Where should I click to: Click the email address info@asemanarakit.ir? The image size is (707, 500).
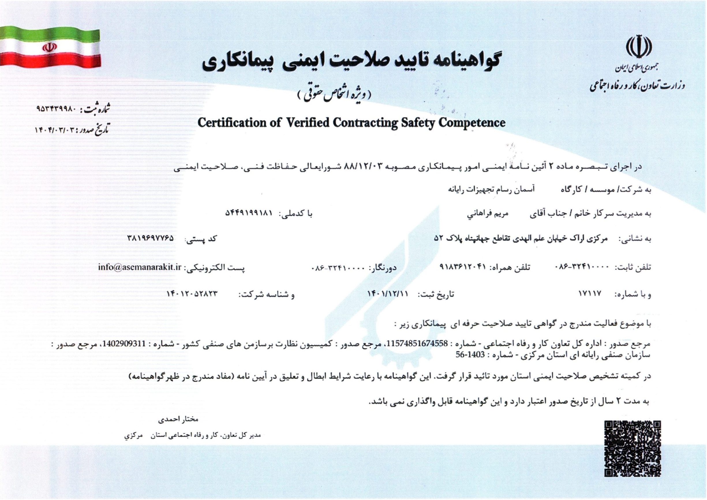139,266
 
